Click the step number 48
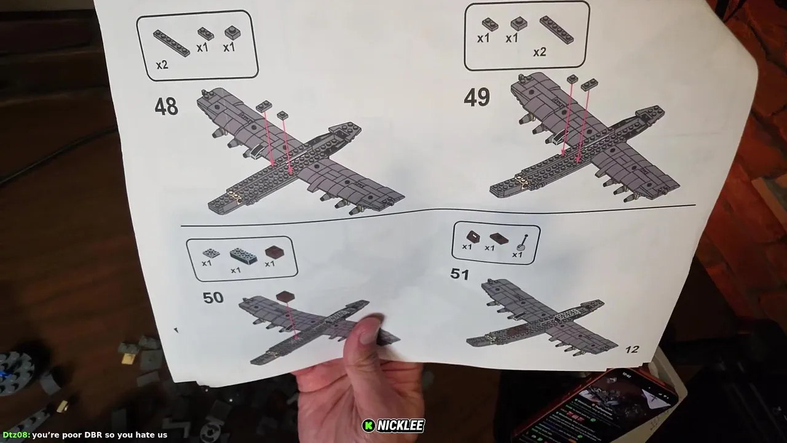166,106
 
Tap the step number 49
477,97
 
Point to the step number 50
213,298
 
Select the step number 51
459,274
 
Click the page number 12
632,349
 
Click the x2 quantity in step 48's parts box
162,65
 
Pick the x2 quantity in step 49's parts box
540,52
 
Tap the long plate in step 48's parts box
172,43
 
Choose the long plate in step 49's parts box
557,30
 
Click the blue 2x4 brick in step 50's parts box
243,255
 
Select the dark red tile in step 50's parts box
274,252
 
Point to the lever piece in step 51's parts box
523,242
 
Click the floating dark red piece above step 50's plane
285,297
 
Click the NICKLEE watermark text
400,426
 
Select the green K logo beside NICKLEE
368,426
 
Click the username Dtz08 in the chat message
15,435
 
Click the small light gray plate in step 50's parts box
212,253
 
